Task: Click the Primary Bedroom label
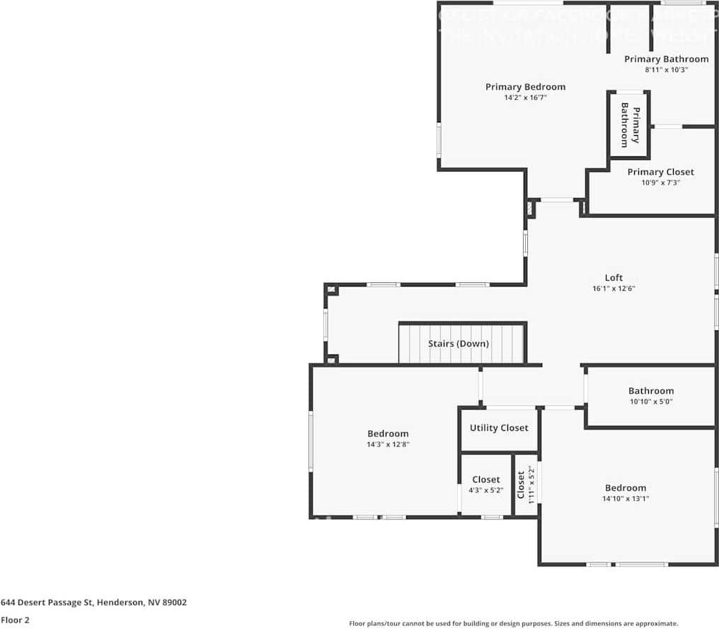click(x=525, y=87)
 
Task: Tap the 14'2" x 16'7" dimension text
click(x=525, y=98)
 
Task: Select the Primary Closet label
click(x=660, y=172)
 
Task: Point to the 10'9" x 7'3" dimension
click(x=660, y=183)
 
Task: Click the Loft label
click(x=614, y=277)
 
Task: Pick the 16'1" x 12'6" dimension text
click(x=614, y=289)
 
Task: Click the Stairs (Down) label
click(x=458, y=344)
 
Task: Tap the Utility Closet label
click(x=499, y=428)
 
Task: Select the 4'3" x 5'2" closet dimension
click(x=485, y=490)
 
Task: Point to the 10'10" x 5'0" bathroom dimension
click(x=651, y=402)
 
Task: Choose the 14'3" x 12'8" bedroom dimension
click(x=388, y=445)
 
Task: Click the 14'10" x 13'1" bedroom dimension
click(x=625, y=499)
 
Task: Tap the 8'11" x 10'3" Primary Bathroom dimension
click(x=666, y=70)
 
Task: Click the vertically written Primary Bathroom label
click(x=630, y=125)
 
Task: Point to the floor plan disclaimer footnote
click(x=513, y=623)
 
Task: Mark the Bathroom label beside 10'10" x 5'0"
click(x=651, y=391)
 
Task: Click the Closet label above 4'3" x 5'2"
click(x=485, y=480)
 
